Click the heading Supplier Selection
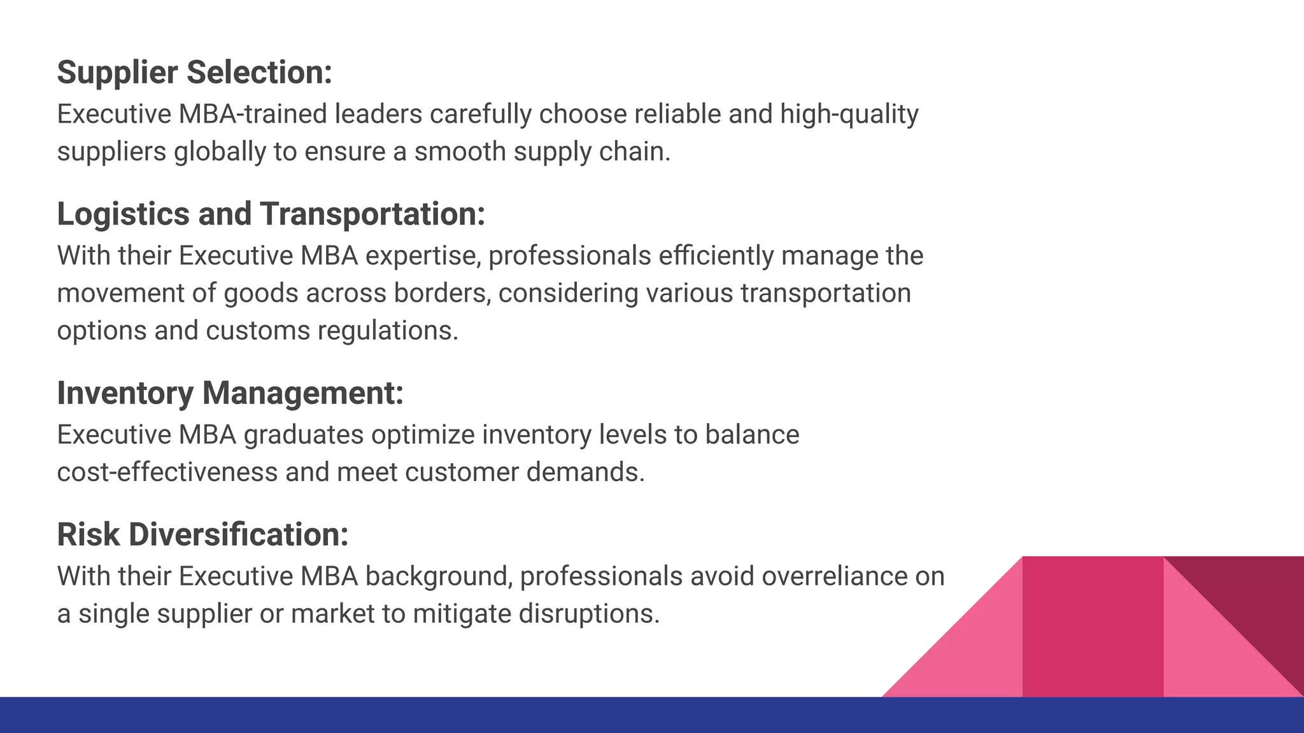(x=194, y=73)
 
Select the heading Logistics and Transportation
(x=271, y=214)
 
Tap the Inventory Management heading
(x=230, y=393)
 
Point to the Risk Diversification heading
(x=202, y=534)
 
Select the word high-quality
(x=849, y=115)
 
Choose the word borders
(x=442, y=293)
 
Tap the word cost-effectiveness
(x=167, y=473)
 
